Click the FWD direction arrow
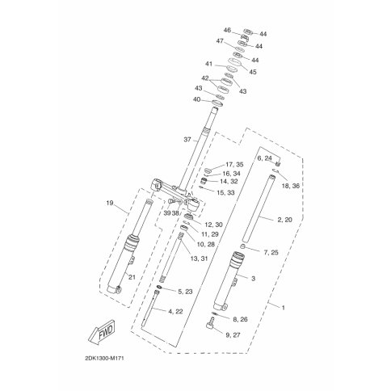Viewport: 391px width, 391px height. (x=103, y=332)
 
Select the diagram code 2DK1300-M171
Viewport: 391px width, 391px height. (x=104, y=359)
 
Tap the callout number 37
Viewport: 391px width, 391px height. (x=187, y=140)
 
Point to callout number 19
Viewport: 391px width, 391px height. (x=110, y=203)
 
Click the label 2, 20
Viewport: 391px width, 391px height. (x=284, y=220)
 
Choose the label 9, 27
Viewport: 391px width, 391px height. (x=233, y=335)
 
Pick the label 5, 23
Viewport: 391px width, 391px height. (x=185, y=292)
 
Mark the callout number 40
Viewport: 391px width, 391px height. (x=197, y=99)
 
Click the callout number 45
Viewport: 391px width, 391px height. (x=253, y=72)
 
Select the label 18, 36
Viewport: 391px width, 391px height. (x=291, y=186)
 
